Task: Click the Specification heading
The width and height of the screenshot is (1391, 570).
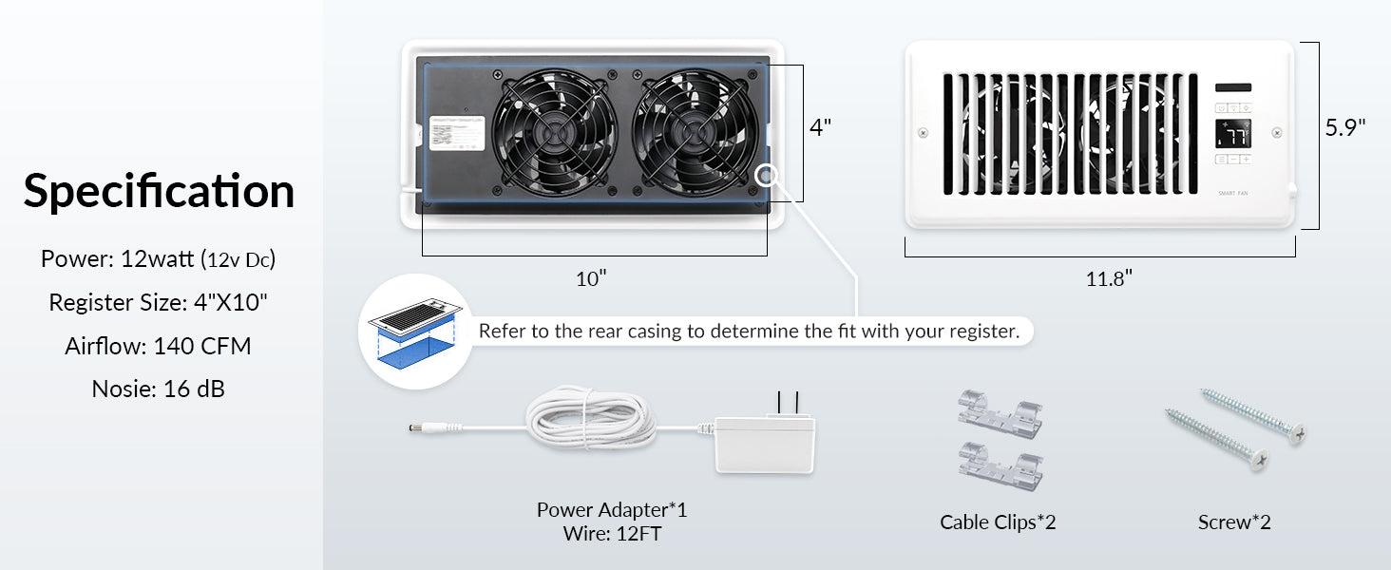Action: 159,191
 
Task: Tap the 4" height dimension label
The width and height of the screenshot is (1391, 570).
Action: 820,127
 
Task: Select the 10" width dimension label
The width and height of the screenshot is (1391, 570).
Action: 590,278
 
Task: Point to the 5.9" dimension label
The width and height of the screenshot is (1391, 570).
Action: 1345,127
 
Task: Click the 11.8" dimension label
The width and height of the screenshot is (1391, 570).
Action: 1109,278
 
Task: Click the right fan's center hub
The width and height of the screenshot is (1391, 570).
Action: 695,133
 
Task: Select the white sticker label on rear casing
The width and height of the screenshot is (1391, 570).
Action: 459,133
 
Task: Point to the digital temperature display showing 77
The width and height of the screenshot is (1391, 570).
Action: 1233,135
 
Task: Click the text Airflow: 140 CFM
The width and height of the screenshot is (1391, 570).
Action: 159,346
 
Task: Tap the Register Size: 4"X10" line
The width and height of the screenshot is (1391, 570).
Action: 159,303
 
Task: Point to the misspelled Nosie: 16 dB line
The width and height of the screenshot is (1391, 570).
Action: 159,389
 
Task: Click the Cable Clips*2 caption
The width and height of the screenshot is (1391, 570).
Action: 998,522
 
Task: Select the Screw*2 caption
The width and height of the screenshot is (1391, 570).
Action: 1234,522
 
